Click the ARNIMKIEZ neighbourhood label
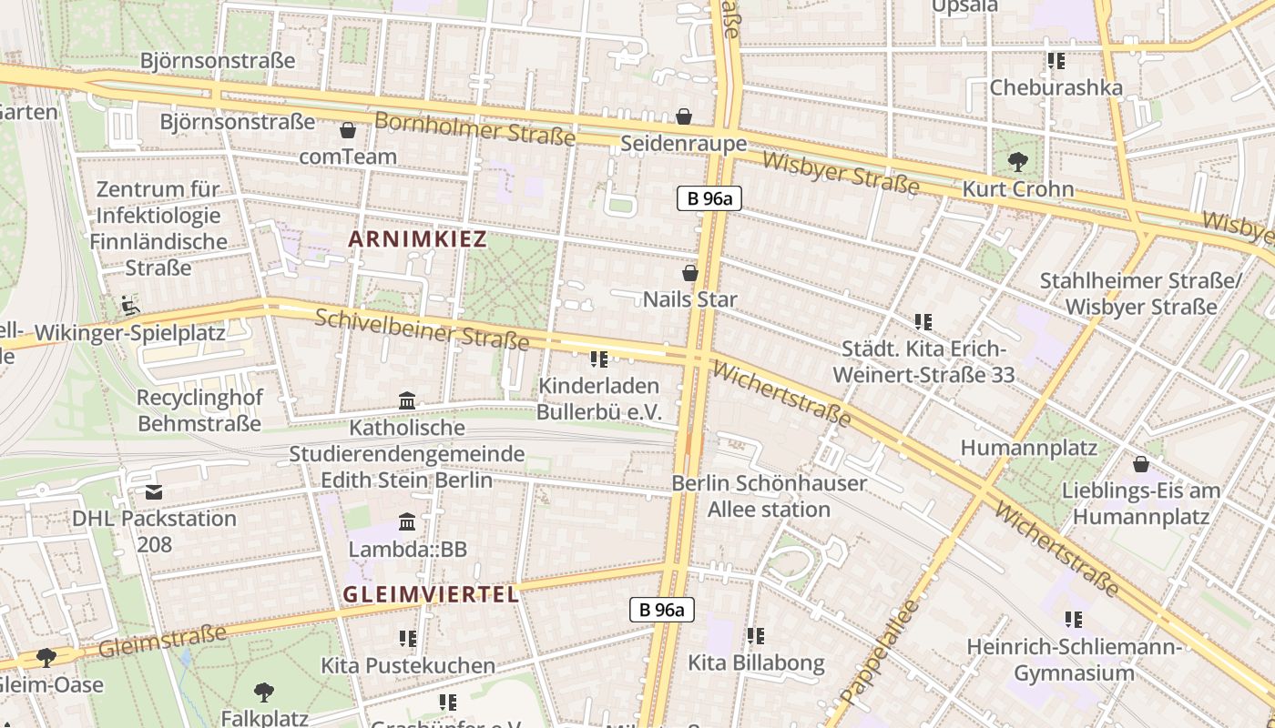418,240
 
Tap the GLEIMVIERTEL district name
431,595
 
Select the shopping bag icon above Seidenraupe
684,116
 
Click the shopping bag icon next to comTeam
347,130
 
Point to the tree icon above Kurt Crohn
1017,163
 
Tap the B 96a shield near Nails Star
709,198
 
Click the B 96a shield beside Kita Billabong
662,610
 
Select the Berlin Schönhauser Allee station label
769,496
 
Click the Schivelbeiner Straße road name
422,329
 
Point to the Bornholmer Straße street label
474,129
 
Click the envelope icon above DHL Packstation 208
154,492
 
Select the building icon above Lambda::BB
407,522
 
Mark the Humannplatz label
1029,448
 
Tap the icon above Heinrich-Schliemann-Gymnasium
1074,620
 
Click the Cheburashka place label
1056,88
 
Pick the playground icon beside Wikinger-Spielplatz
130,305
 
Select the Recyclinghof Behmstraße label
199,410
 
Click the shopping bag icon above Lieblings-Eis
1140,465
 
